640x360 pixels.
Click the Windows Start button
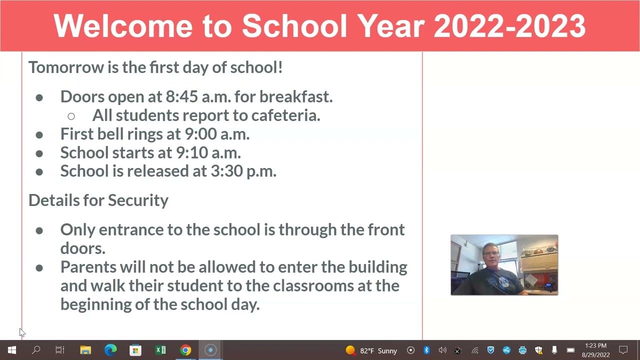tap(12, 350)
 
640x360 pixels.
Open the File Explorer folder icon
tap(85, 350)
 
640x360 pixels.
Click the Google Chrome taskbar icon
tap(185, 350)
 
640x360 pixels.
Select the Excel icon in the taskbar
tap(160, 350)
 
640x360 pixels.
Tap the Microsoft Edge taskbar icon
tap(110, 350)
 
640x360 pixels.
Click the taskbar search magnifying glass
tap(36, 350)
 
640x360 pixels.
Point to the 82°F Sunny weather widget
tap(372, 350)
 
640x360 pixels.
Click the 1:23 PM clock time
tap(595, 345)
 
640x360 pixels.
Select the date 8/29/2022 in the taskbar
tap(595, 355)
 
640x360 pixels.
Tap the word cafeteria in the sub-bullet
tap(285, 115)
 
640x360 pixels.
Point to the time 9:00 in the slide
tap(201, 134)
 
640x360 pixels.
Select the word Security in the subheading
tap(138, 200)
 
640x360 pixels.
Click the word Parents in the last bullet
tap(88, 267)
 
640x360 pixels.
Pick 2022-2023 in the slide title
tap(509, 26)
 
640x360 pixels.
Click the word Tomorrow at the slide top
tap(65, 67)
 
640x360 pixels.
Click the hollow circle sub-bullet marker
tap(71, 116)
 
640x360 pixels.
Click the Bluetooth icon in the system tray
tap(426, 350)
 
